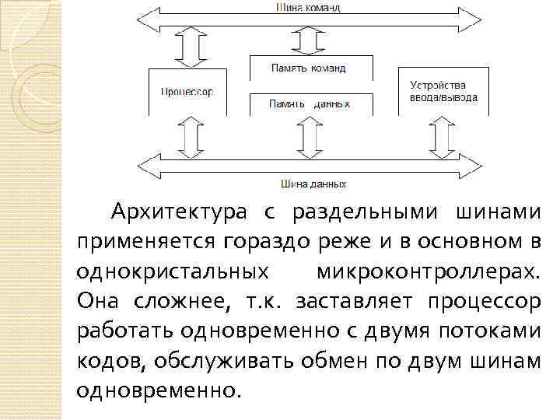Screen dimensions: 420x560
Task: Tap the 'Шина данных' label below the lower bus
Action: click(x=313, y=184)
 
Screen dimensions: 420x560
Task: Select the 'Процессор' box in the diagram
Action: click(x=186, y=91)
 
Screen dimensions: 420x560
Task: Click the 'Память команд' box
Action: click(x=308, y=68)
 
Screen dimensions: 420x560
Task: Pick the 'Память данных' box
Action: click(x=310, y=103)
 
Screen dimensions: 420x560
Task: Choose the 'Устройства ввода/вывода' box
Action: click(x=443, y=91)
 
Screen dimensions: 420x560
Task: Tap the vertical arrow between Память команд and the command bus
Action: click(x=309, y=39)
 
